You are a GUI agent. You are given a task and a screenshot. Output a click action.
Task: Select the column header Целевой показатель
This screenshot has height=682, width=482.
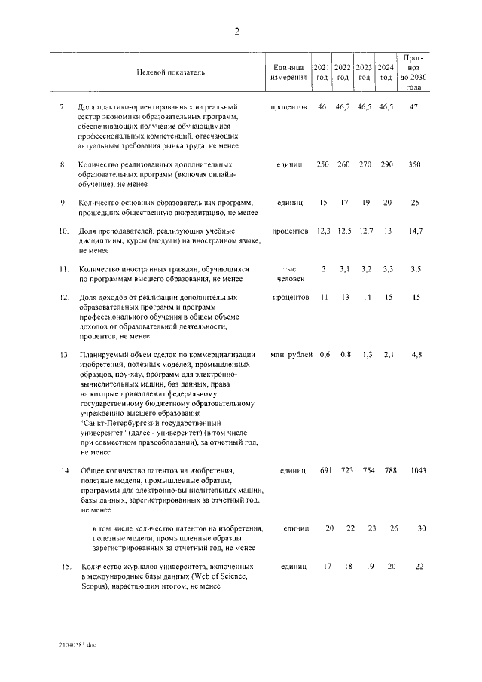coord(169,72)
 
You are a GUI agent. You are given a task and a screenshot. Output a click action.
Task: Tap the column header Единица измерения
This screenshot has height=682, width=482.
coord(288,72)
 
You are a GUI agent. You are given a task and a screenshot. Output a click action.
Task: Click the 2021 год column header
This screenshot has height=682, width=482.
coord(322,72)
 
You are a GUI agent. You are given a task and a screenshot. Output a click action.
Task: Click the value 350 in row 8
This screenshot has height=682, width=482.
coord(413,164)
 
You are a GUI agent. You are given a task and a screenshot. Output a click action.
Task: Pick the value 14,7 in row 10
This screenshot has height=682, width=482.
coord(413,231)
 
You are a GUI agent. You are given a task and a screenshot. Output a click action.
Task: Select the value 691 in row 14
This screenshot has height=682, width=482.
coord(325,471)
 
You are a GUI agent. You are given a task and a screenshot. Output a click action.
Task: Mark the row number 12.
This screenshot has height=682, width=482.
coord(64,298)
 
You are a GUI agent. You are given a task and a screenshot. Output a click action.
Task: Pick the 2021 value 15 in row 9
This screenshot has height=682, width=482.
coord(324,203)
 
